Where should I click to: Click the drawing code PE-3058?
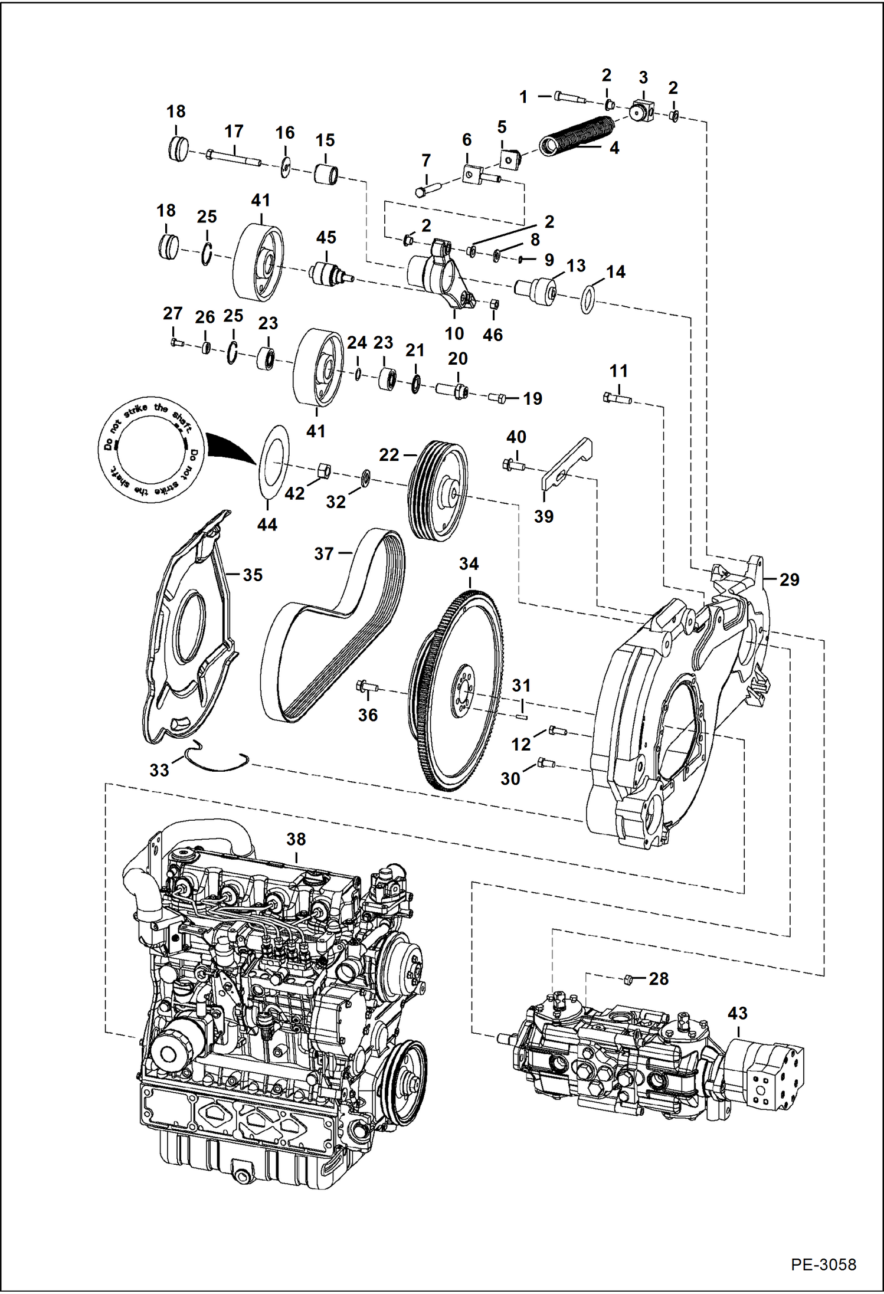(823, 1264)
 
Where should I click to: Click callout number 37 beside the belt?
(324, 553)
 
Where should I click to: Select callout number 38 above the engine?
(296, 838)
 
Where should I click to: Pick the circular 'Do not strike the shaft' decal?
(151, 450)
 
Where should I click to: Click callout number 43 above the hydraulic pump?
(738, 1013)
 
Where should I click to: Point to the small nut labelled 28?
(628, 979)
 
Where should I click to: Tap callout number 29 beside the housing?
(789, 579)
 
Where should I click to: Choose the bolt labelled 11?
(617, 399)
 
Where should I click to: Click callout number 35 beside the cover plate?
(253, 575)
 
